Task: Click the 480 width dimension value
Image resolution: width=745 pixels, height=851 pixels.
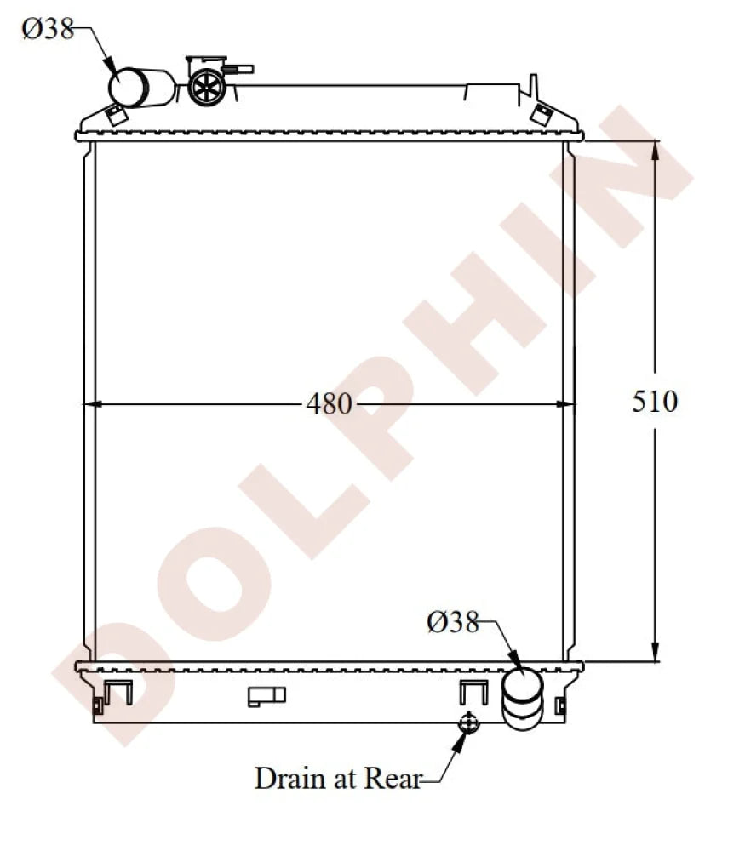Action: pos(329,404)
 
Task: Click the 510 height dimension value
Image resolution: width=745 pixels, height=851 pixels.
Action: pos(655,401)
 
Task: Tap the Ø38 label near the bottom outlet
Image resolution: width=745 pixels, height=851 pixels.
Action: pos(452,623)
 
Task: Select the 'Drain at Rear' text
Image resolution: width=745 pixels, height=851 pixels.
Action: pos(338,778)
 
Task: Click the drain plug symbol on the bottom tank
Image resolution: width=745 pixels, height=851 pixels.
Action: pos(467,723)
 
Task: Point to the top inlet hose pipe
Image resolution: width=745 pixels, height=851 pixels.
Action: pos(140,88)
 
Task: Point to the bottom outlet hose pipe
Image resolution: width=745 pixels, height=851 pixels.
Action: pos(522,698)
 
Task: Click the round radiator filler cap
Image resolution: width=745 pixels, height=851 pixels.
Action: pos(204,86)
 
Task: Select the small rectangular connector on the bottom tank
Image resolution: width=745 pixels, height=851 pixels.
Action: pos(266,697)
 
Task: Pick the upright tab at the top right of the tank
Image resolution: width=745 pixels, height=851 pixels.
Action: pos(534,86)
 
